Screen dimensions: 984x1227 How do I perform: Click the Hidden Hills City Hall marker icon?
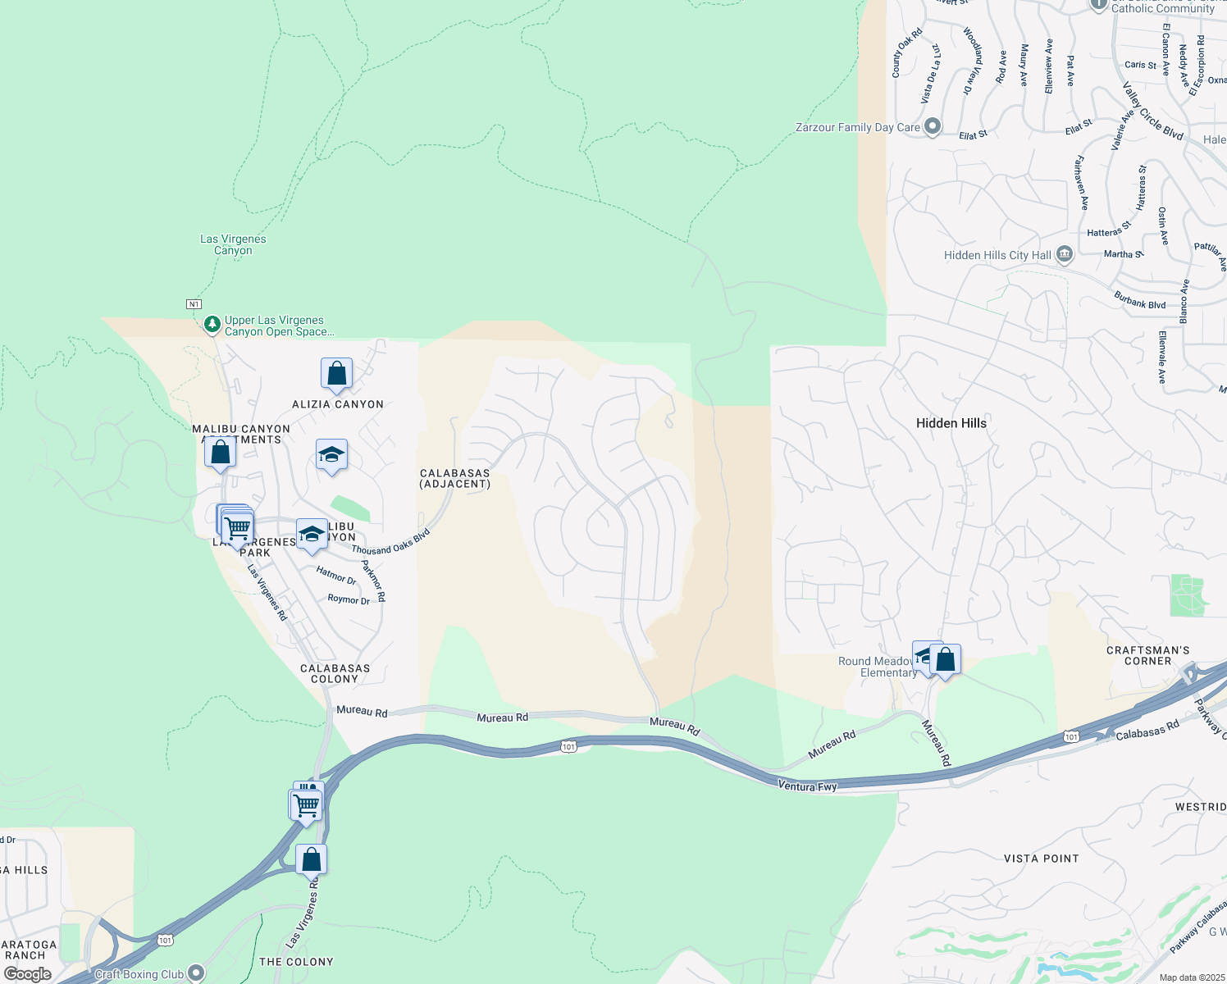point(1064,255)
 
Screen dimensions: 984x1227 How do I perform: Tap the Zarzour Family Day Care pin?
point(932,127)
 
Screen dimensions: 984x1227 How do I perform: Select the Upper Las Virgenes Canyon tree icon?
point(212,325)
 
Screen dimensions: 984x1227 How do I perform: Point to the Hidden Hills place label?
point(951,423)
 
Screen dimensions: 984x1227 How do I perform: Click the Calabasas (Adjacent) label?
point(454,478)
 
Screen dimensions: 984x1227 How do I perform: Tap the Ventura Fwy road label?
point(807,786)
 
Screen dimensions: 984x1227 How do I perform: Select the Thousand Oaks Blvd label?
point(391,542)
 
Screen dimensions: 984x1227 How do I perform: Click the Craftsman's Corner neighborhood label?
point(1147,655)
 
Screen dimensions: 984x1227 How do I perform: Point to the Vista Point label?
point(1041,859)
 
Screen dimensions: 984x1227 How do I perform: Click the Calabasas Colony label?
point(335,673)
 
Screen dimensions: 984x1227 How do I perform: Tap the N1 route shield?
point(194,304)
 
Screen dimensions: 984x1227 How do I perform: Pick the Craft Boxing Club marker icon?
point(195,973)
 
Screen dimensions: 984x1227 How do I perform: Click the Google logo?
point(28,974)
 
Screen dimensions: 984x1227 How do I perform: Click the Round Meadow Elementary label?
point(876,667)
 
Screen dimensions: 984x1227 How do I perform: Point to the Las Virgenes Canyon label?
point(233,244)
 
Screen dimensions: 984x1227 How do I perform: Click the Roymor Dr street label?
point(349,599)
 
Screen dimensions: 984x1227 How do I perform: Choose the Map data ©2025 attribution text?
point(1191,977)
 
